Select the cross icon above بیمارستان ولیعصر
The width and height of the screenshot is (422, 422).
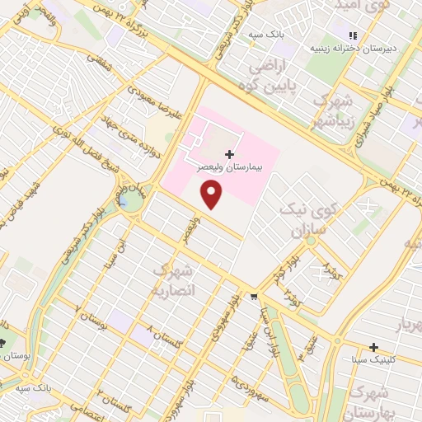pyautogui.click(x=229, y=154)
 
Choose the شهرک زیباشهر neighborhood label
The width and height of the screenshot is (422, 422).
pyautogui.click(x=329, y=112)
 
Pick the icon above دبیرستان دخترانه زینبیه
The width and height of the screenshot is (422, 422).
pyautogui.click(x=353, y=35)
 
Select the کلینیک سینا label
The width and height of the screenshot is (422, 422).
pyautogui.click(x=375, y=359)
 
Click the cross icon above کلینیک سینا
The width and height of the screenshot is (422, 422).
pyautogui.click(x=374, y=347)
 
